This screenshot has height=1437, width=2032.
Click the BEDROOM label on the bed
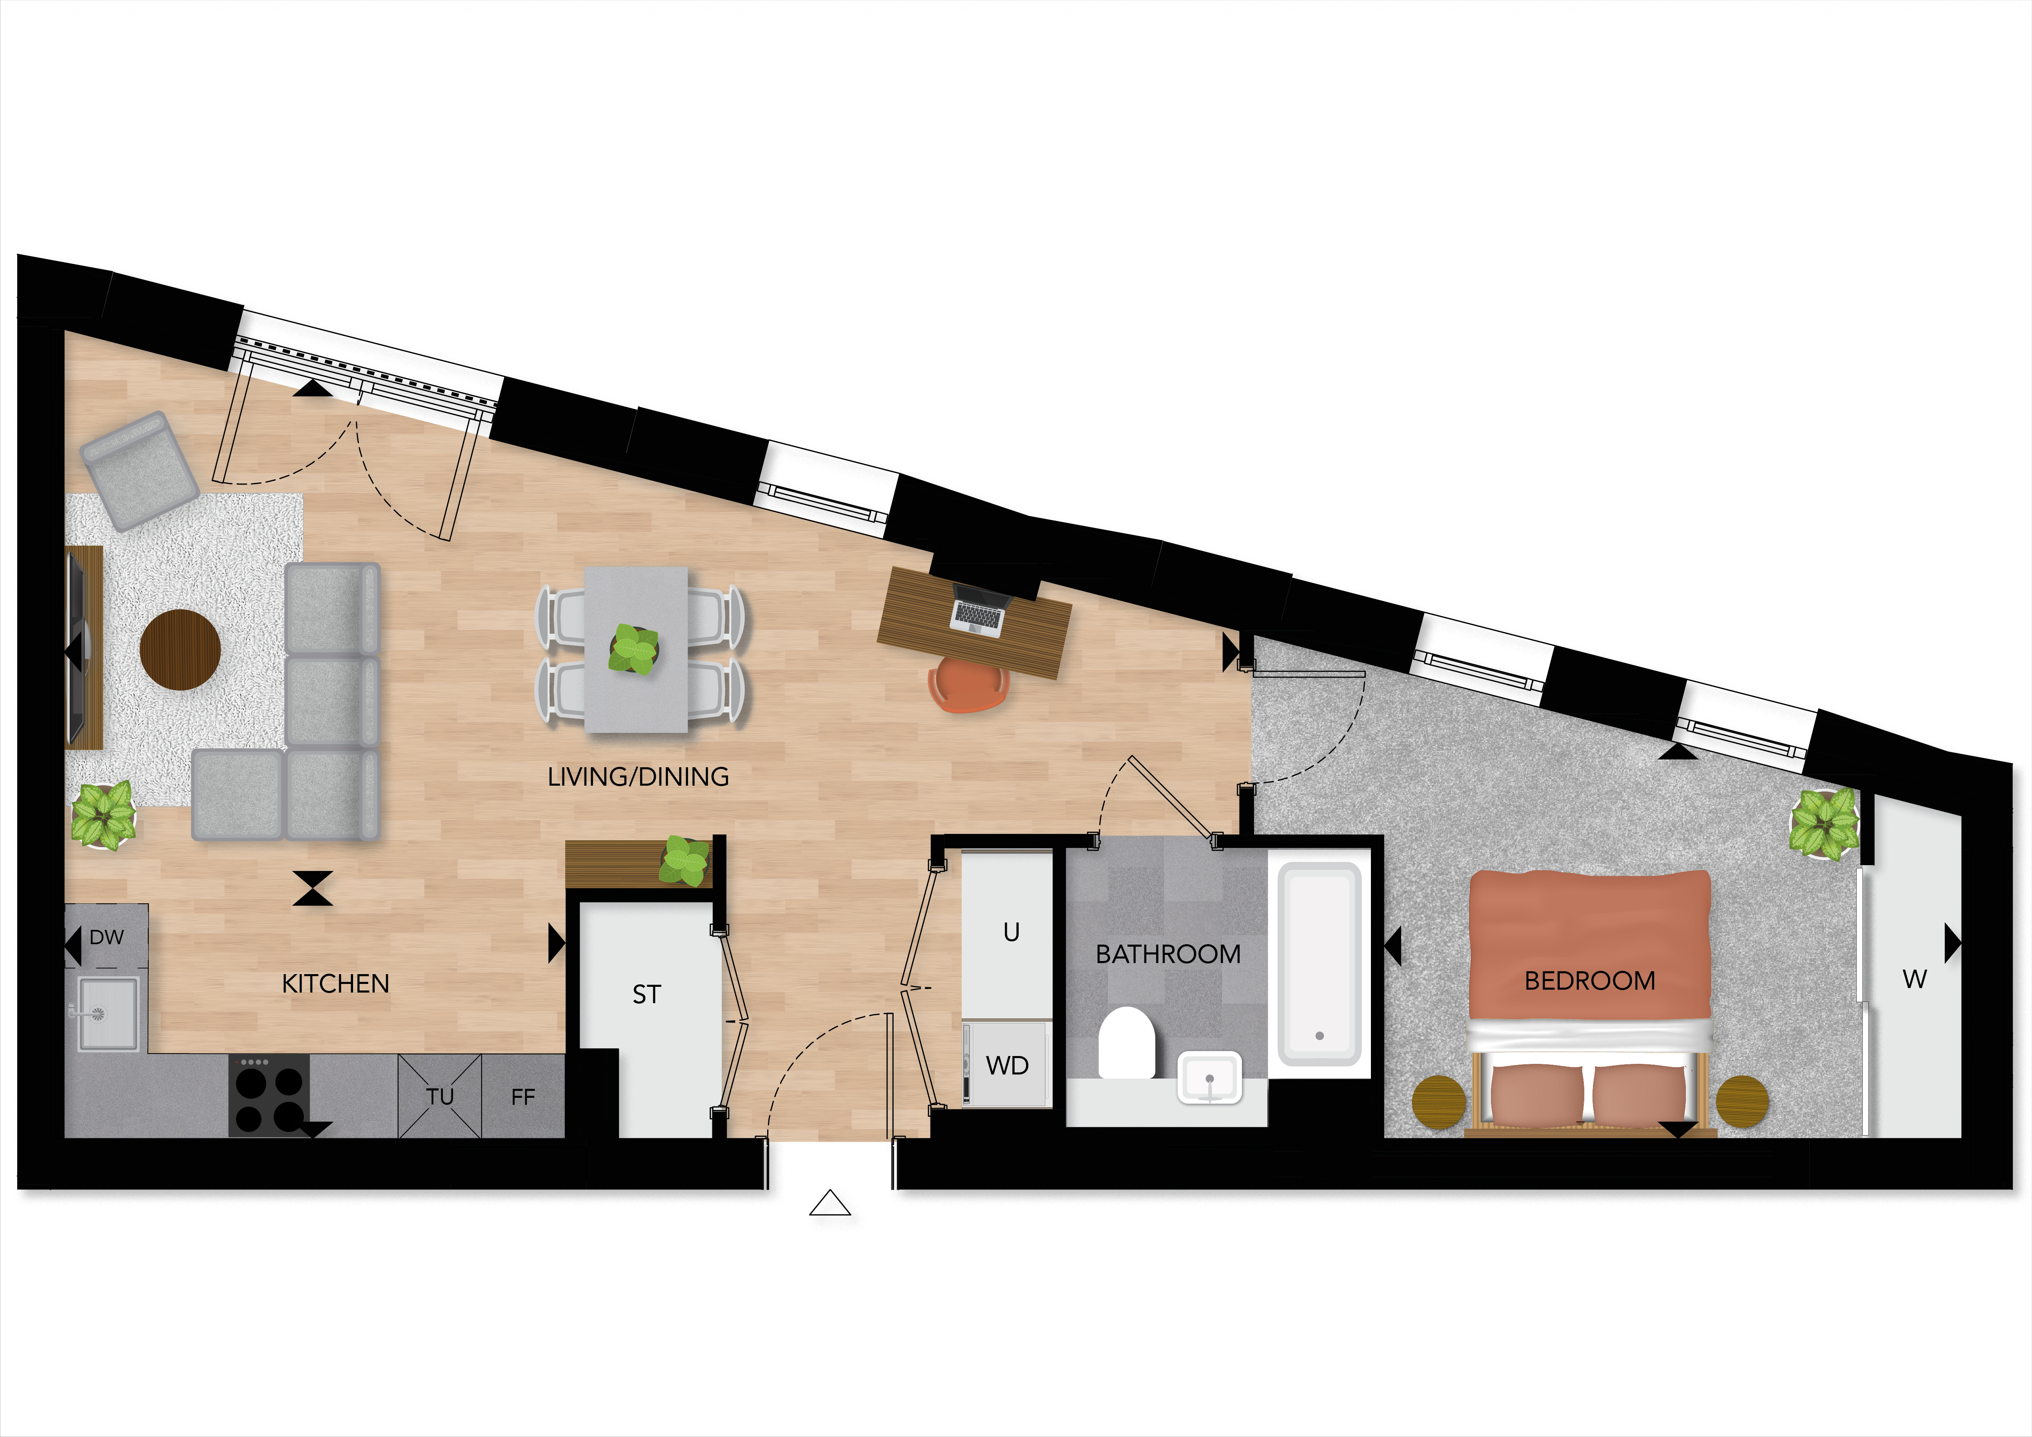tap(1590, 980)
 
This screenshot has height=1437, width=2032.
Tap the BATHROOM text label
tap(1168, 954)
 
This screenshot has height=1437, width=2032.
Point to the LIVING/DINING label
tap(638, 777)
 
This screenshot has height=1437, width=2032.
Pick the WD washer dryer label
tap(1007, 1065)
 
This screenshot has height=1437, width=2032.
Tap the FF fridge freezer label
tap(523, 1097)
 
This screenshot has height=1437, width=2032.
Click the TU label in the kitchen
tap(440, 1097)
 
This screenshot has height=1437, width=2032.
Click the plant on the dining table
tap(634, 650)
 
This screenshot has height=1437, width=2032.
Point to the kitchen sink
tap(107, 1012)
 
